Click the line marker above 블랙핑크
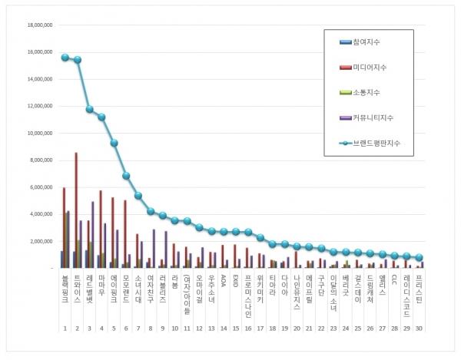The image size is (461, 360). [65, 58]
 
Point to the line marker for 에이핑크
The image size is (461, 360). [114, 143]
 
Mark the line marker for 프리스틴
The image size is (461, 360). [419, 258]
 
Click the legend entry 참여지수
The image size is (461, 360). [366, 42]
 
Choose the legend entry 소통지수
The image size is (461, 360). [366, 92]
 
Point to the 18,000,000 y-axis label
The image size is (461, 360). [38, 25]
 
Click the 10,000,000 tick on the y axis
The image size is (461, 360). [38, 133]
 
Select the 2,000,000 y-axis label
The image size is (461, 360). [40, 241]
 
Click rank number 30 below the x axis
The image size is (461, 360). [419, 329]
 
